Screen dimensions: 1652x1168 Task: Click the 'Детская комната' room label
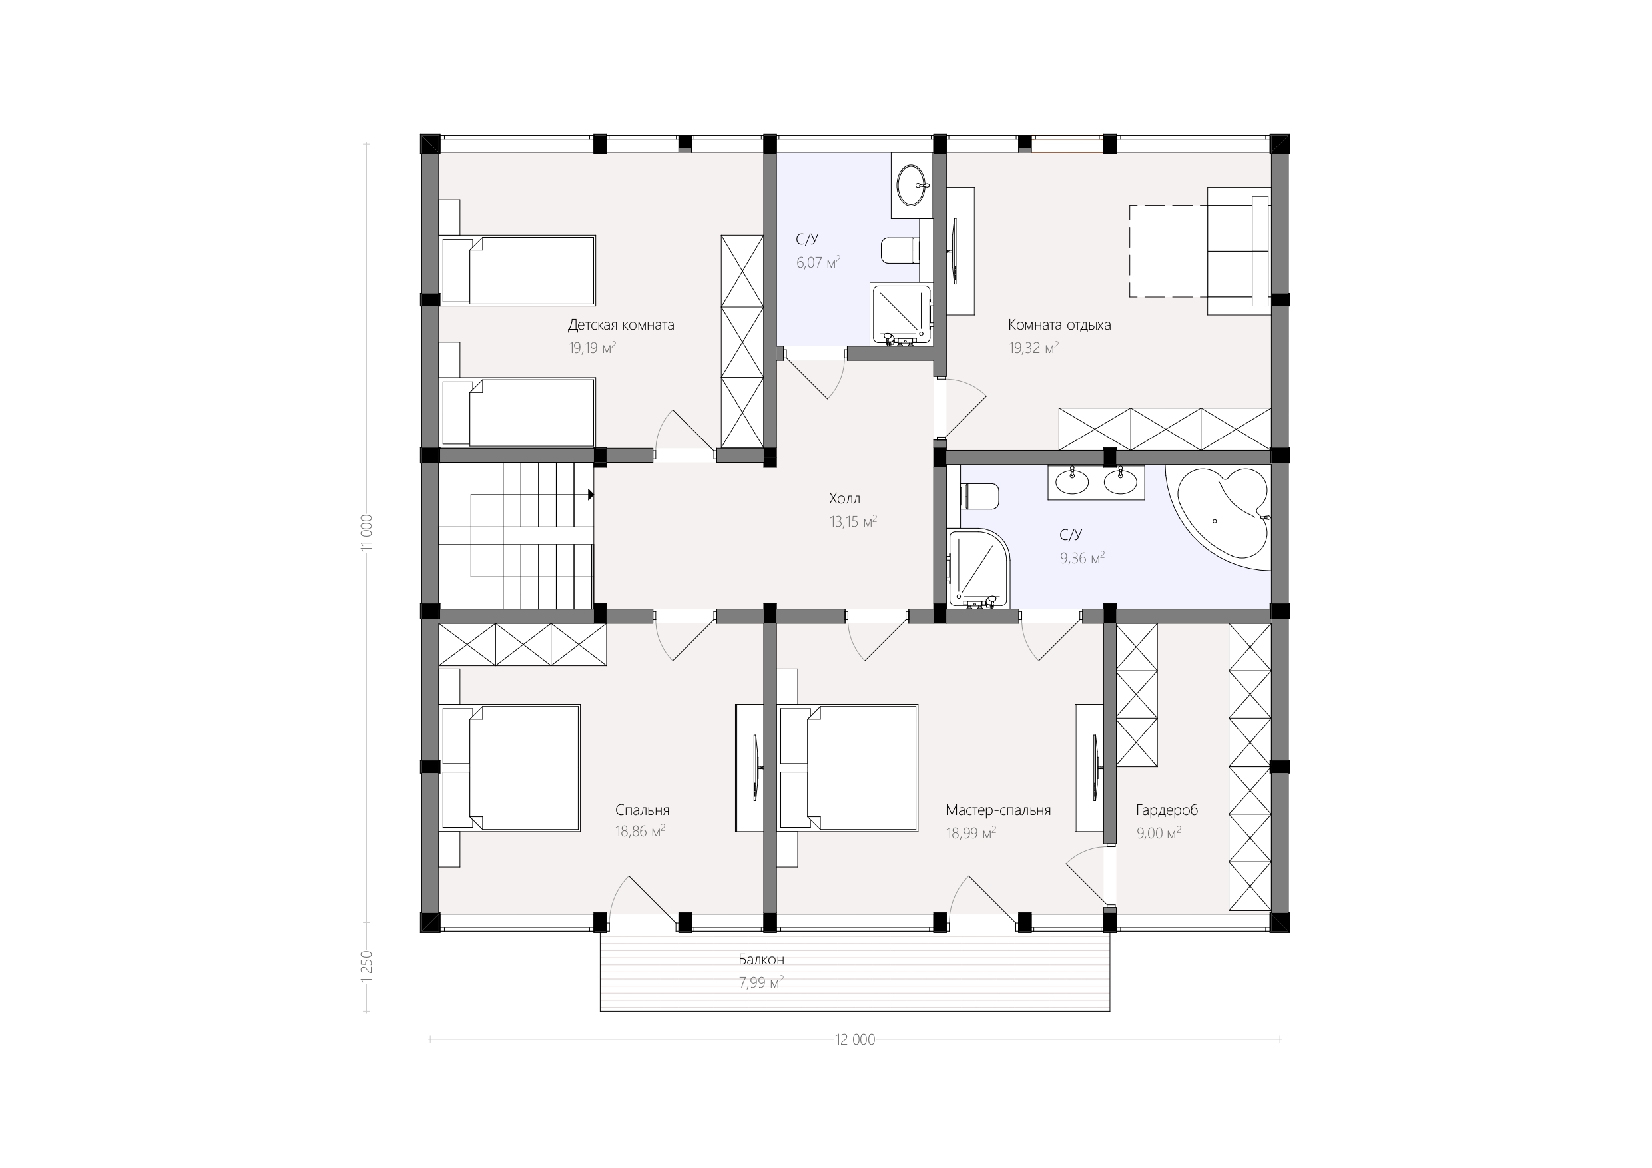(621, 325)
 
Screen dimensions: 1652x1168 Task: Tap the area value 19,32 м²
(1033, 348)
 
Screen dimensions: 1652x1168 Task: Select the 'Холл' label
(845, 499)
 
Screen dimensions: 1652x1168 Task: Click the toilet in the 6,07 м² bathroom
(900, 250)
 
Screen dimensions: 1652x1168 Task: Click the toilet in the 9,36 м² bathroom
(980, 497)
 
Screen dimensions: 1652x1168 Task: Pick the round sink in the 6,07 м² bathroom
(913, 186)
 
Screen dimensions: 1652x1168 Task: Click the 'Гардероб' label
(1167, 810)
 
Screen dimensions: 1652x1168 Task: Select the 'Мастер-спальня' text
(998, 810)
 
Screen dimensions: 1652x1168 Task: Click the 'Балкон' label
(761, 960)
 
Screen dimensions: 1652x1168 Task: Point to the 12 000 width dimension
(855, 1040)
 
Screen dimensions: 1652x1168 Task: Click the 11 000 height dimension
(367, 533)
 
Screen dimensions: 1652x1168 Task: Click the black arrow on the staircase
(590, 494)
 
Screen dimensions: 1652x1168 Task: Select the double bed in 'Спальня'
(510, 768)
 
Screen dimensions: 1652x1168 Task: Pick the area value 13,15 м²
(854, 522)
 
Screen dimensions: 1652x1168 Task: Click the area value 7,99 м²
(761, 982)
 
